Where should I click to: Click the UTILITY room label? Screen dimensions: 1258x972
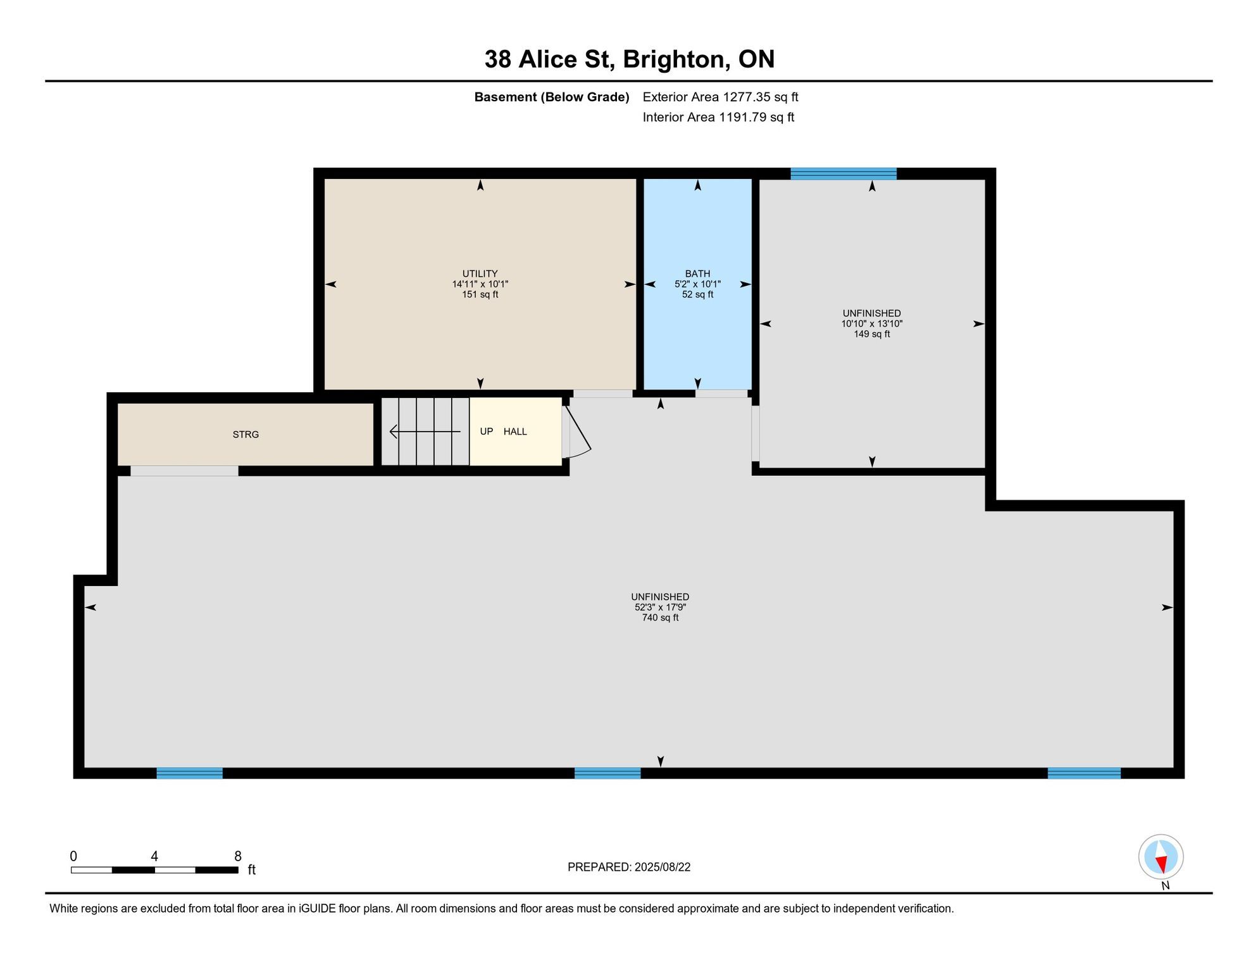480,274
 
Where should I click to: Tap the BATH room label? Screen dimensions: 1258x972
697,274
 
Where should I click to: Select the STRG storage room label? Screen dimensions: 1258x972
246,435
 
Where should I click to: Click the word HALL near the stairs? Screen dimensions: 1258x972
515,432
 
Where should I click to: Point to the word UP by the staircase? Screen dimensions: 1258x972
486,432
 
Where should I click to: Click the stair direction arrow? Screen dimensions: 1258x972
425,432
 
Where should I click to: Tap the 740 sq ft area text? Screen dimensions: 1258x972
660,618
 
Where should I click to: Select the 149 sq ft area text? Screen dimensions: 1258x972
871,334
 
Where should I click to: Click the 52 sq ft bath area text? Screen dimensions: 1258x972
697,295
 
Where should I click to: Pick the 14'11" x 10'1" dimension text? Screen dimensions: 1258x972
480,285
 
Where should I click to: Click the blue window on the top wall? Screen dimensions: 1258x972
844,173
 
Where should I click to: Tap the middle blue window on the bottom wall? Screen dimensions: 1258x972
607,773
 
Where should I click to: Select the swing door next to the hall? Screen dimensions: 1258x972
576,432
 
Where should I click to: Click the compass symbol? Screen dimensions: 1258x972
1161,857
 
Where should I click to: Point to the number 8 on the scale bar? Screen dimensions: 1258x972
238,856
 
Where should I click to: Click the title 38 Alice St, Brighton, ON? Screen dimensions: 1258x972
630,59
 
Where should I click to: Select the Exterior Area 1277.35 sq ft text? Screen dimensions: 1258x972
720,97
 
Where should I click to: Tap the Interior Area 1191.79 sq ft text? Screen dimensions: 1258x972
718,117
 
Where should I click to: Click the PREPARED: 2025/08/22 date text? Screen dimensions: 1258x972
629,867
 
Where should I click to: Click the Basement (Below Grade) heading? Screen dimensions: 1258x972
552,97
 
